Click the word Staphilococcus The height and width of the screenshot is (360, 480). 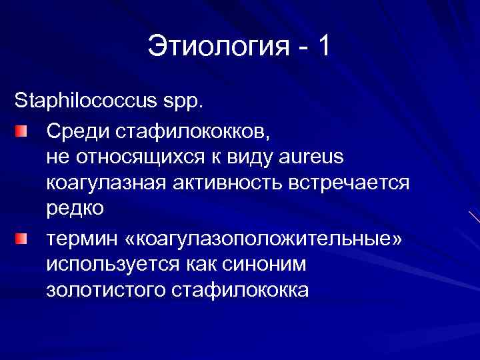point(83,103)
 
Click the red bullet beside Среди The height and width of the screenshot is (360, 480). point(23,129)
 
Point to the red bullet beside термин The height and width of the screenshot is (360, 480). point(23,238)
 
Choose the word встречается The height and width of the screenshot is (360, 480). point(349,182)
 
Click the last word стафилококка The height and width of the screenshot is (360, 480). point(240,291)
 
